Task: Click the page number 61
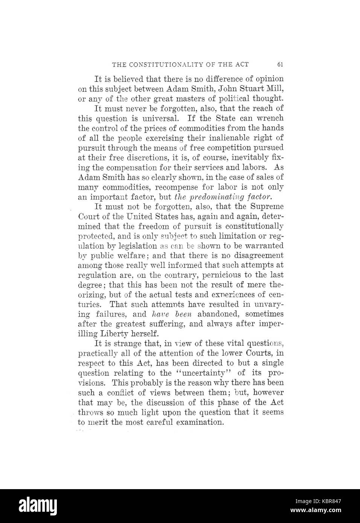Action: pos(280,64)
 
